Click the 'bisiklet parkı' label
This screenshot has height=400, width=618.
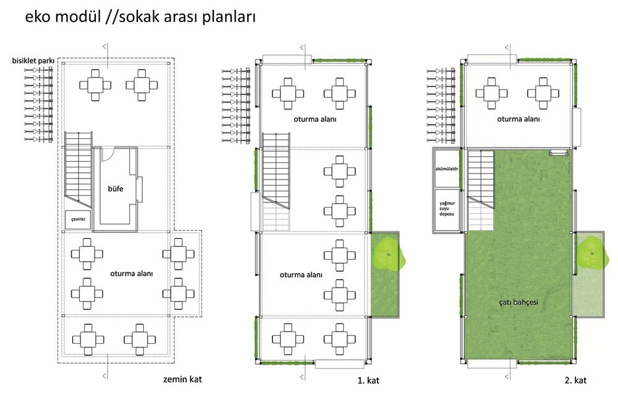(x=33, y=61)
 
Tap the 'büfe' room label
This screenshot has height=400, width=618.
(x=116, y=189)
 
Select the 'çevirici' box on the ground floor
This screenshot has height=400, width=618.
(x=78, y=220)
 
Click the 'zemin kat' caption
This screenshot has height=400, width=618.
(x=182, y=379)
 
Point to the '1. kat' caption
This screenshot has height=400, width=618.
(x=368, y=380)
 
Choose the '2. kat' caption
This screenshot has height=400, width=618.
(x=575, y=380)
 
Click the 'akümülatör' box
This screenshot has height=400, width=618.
(x=447, y=169)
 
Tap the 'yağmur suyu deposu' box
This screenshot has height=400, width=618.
(x=447, y=209)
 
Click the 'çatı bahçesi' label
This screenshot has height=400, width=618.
(x=519, y=302)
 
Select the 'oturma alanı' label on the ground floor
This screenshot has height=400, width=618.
(x=131, y=273)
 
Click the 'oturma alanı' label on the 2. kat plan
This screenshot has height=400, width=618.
(x=519, y=119)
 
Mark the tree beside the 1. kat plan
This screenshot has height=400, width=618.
(x=388, y=254)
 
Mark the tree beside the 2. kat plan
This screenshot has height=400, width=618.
(x=592, y=253)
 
